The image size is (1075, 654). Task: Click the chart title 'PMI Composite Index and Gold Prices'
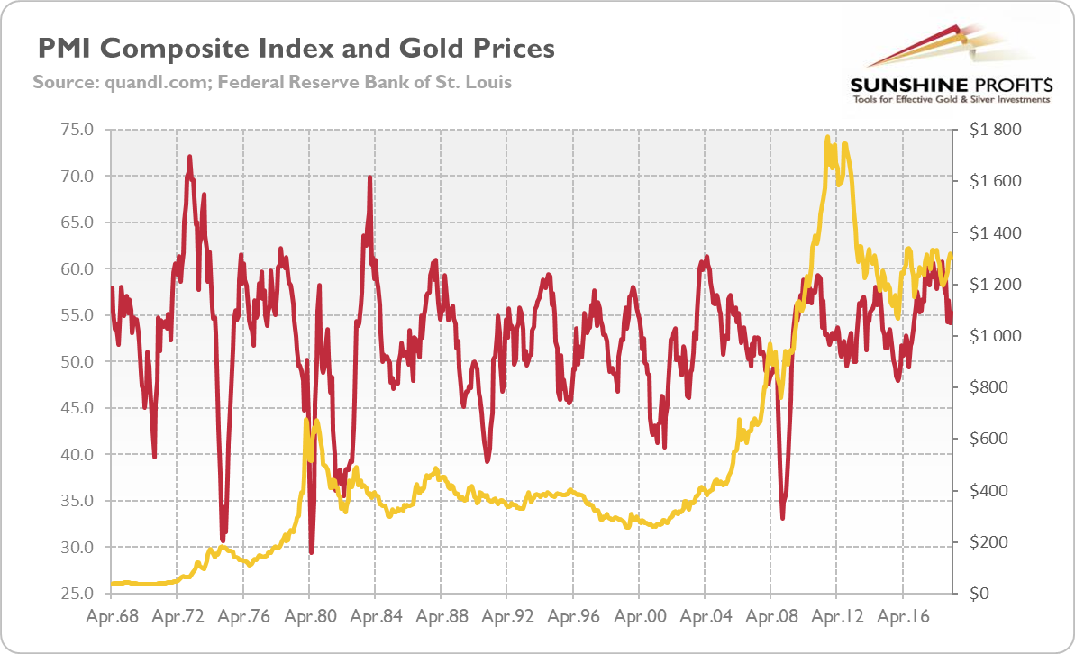coord(294,47)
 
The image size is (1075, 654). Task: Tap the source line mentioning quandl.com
coord(272,82)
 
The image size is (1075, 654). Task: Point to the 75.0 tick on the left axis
coord(76,130)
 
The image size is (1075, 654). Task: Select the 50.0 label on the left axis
coord(76,361)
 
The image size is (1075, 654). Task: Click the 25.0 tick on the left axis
coord(76,594)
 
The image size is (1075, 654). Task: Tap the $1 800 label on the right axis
coord(996,130)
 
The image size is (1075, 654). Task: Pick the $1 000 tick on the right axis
coord(996,336)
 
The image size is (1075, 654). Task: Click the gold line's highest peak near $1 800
coord(826,137)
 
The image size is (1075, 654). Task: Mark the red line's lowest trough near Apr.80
coord(312,552)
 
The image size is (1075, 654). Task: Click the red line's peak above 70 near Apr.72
coord(190,157)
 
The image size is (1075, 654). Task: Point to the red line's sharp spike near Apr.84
coord(369,177)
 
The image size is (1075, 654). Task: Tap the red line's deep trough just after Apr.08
coord(783,518)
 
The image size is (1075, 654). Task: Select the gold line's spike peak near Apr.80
coord(306,421)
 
